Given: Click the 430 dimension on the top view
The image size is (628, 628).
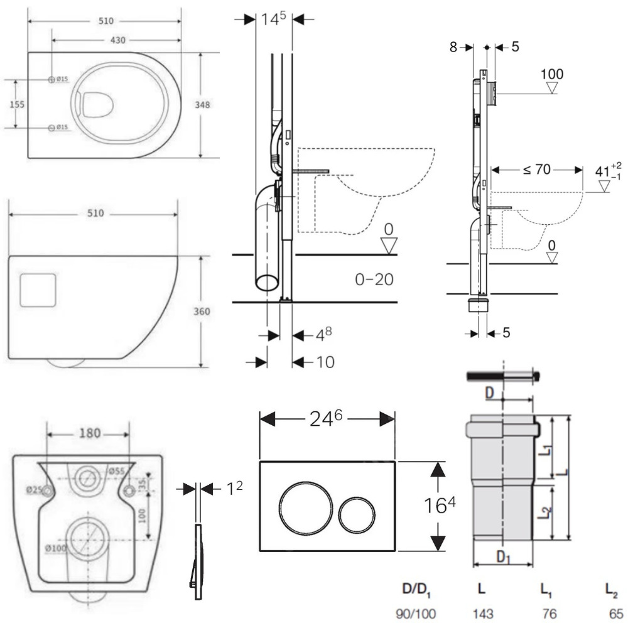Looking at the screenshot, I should (118, 40).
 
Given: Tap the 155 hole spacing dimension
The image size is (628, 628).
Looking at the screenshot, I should (18, 104).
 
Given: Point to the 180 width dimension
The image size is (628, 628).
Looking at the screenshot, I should (89, 434).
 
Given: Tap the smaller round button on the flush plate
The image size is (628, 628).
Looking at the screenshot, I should (355, 515).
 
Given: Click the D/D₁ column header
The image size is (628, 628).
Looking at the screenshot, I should (416, 590).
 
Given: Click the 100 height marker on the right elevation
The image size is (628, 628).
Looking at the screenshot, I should (552, 74).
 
